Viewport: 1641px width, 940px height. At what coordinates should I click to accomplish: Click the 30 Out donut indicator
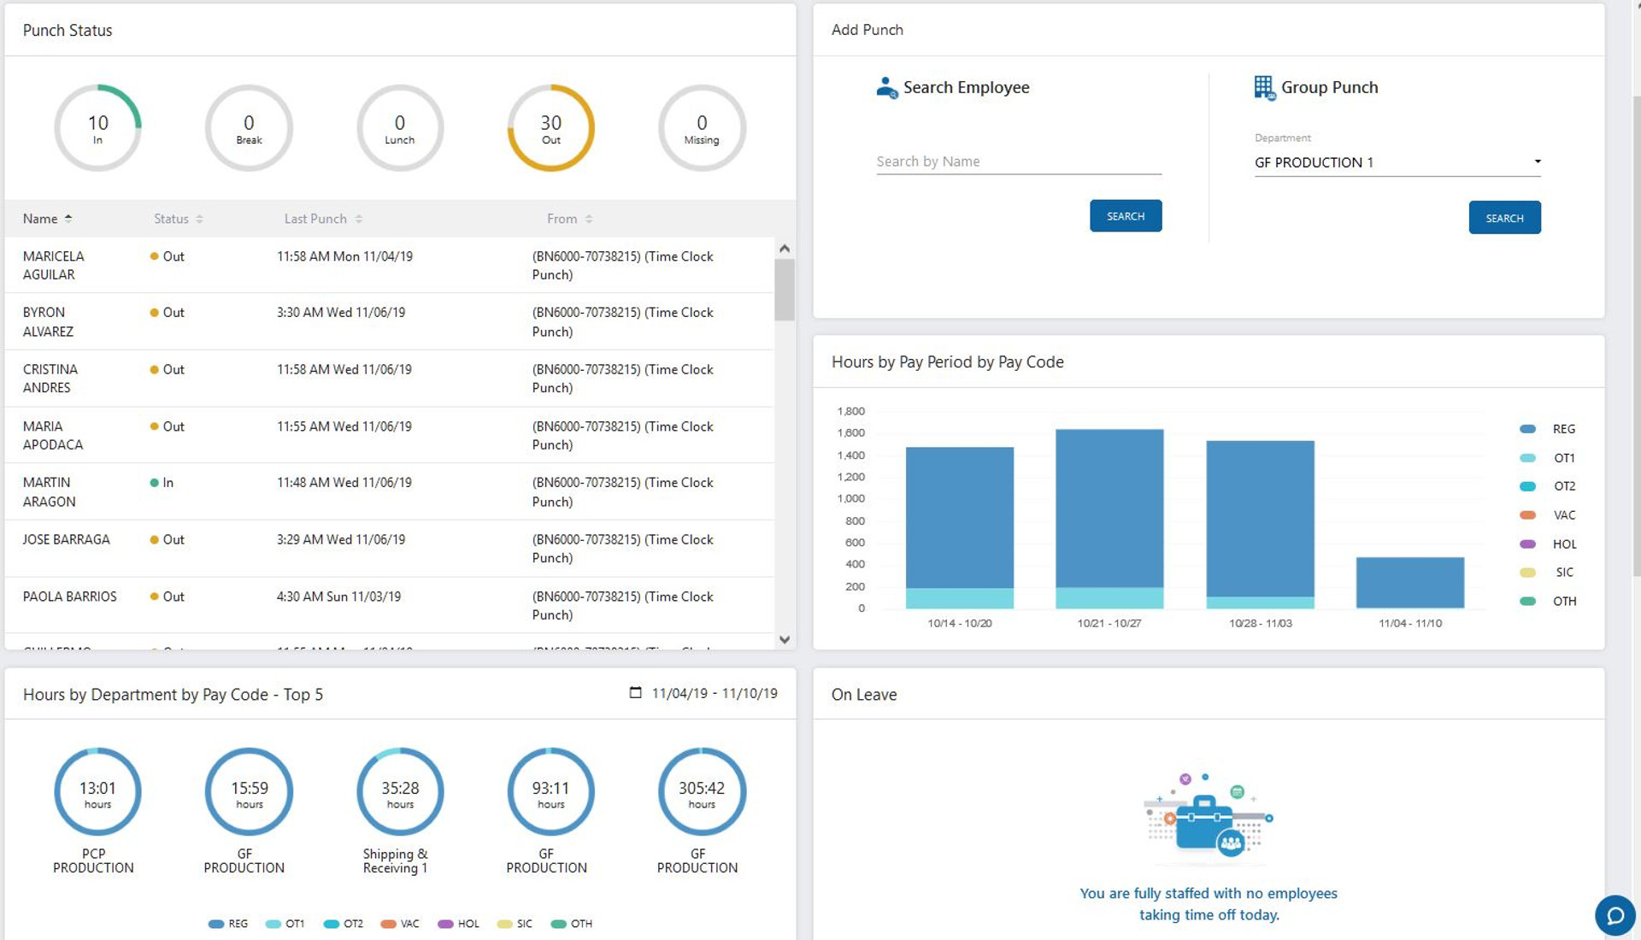(550, 128)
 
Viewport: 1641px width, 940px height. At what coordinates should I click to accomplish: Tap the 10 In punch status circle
(97, 128)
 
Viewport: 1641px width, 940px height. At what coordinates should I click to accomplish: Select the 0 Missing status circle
(701, 128)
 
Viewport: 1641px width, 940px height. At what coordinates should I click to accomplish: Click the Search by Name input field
(1017, 162)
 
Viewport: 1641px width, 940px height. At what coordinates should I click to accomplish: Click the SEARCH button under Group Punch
(1503, 218)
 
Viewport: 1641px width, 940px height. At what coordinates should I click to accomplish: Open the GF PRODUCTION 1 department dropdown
(1397, 162)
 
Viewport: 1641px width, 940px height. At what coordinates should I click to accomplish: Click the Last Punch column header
(315, 219)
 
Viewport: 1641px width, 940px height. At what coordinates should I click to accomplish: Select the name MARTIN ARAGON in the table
(49, 492)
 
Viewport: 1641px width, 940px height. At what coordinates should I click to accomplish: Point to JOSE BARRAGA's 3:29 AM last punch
(340, 540)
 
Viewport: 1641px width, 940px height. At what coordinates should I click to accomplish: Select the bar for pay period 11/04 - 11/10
(1409, 582)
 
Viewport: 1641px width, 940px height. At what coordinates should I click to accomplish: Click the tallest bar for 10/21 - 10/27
(1109, 513)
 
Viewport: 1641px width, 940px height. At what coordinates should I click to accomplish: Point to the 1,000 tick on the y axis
(850, 499)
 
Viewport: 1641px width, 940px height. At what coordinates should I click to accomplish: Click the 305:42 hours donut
(701, 792)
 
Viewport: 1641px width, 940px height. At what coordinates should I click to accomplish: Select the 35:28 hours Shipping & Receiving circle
(399, 792)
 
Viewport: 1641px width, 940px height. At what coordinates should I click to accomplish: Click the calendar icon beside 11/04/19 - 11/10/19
(635, 693)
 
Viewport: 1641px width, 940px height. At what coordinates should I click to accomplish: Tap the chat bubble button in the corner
(1615, 916)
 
